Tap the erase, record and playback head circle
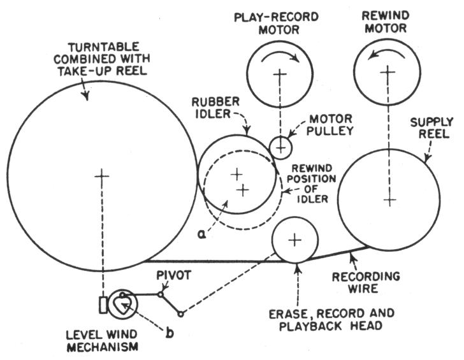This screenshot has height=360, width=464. click(294, 240)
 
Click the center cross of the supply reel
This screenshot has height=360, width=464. click(389, 199)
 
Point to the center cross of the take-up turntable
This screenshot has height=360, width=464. click(101, 176)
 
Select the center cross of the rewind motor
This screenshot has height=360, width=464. click(384, 72)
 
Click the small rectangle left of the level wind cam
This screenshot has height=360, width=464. click(103, 305)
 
